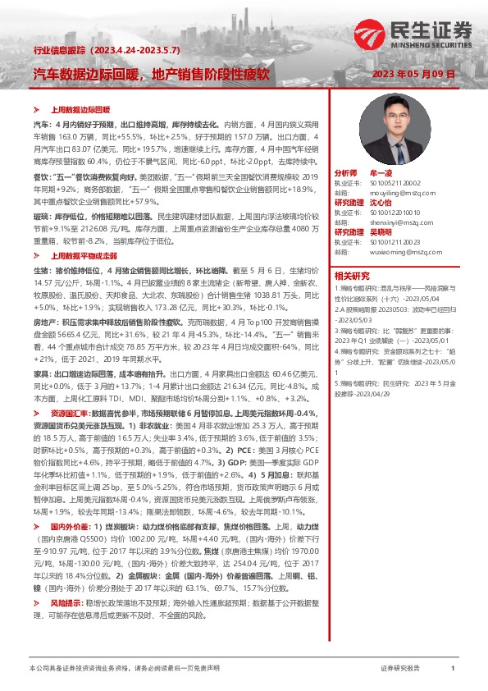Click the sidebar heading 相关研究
(353, 275)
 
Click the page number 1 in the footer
(452, 669)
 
